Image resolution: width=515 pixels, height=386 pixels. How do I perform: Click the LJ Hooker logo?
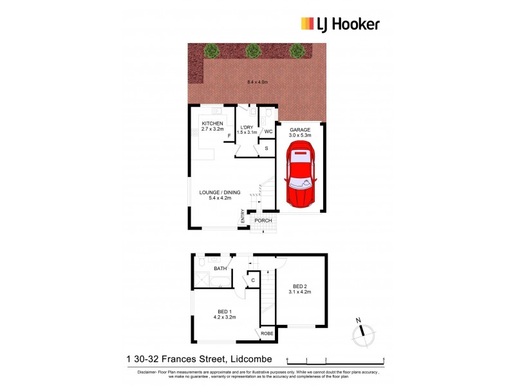pyautogui.click(x=341, y=24)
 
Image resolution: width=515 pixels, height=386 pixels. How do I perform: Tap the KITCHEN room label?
pyautogui.click(x=212, y=123)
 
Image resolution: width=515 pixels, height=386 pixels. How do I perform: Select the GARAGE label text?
pyautogui.click(x=300, y=129)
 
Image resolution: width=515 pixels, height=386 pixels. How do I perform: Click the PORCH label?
pyautogui.click(x=263, y=221)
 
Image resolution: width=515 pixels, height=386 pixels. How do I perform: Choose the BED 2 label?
pyautogui.click(x=300, y=286)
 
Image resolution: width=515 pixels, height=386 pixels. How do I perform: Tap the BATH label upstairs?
pyautogui.click(x=220, y=268)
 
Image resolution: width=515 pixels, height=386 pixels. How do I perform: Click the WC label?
pyautogui.click(x=268, y=132)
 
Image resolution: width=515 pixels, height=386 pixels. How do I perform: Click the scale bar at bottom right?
pyautogui.click(x=335, y=358)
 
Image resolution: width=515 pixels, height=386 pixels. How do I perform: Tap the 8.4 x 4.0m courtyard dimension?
pyautogui.click(x=257, y=82)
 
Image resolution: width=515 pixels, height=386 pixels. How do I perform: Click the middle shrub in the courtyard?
pyautogui.click(x=253, y=50)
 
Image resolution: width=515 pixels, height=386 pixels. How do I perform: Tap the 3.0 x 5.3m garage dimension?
pyautogui.click(x=300, y=136)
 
